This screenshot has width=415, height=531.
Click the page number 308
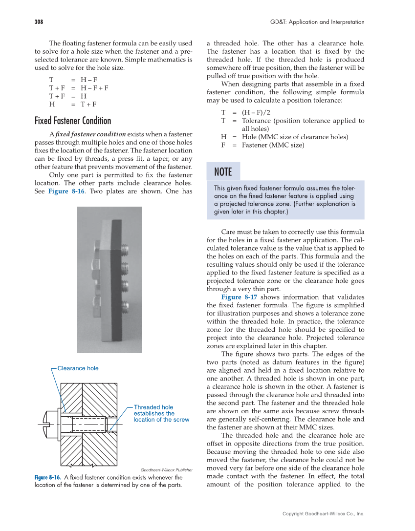tap(39, 22)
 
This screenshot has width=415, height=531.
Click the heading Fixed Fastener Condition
tap(73, 121)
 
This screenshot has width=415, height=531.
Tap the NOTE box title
tap(223, 172)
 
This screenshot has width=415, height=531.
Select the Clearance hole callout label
tap(78, 368)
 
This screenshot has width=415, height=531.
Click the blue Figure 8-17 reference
tap(239, 297)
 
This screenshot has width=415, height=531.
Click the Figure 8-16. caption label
tap(47, 477)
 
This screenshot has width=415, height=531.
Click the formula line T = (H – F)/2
tap(249, 112)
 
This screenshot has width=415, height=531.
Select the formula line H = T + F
tap(73, 104)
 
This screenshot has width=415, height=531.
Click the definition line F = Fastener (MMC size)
tap(262, 145)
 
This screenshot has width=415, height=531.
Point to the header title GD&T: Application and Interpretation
tap(317, 22)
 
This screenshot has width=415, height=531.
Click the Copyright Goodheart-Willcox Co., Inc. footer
tap(323, 513)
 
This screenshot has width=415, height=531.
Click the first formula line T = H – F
tap(73, 79)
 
